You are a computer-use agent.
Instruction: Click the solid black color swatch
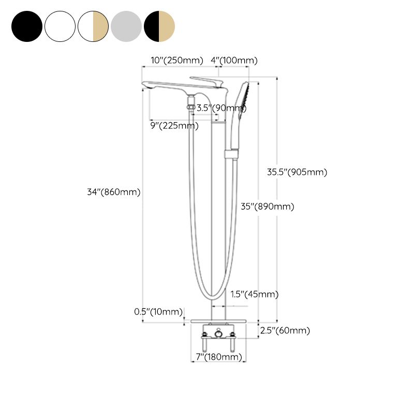(x=27, y=25)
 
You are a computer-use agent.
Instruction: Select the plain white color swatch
(x=60, y=25)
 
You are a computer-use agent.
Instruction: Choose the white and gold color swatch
(x=93, y=25)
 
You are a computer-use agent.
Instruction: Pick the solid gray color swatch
(x=126, y=25)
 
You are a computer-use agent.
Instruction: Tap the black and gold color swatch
(x=159, y=25)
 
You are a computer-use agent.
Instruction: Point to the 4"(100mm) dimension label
(x=234, y=61)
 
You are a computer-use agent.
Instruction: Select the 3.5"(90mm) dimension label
(x=221, y=108)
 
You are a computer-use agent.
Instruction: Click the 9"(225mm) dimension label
(x=174, y=125)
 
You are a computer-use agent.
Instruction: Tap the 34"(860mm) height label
(x=114, y=192)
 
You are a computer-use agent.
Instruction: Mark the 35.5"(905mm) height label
(x=297, y=172)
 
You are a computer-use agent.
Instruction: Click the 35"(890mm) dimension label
(x=268, y=206)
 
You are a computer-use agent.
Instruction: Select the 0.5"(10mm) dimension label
(x=159, y=312)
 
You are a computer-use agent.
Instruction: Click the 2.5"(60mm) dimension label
(x=285, y=331)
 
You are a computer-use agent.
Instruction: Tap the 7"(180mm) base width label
(x=219, y=357)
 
